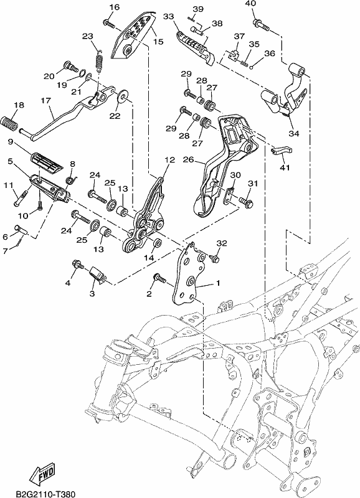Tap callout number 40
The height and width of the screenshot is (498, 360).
point(250,4)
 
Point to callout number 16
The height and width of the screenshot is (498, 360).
point(115,7)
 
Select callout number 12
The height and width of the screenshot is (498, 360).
point(169,160)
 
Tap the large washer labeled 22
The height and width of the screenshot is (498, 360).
point(122,96)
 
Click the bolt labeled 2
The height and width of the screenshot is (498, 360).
point(159,278)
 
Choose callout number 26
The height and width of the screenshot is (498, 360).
point(189,159)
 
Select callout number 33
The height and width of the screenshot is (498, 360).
point(169,16)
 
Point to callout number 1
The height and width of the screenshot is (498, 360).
point(218,283)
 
